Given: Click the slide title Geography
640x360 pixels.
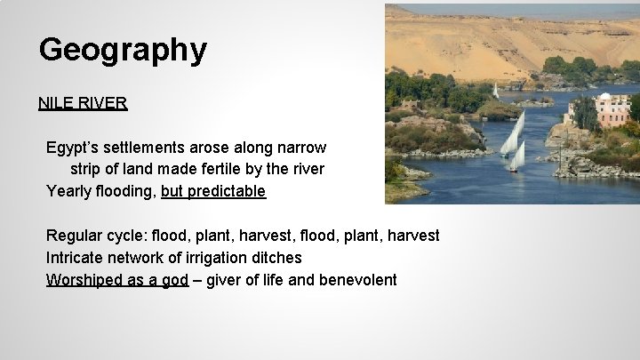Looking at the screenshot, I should pos(123,50).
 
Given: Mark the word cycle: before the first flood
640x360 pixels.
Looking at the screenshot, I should pos(131,236).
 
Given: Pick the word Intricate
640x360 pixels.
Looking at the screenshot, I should pos(75,258).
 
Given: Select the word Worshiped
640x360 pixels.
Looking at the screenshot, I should pos(84,280).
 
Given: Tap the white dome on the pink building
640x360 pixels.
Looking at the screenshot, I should pos(604,97).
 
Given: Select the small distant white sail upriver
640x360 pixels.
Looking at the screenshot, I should pos(495,90).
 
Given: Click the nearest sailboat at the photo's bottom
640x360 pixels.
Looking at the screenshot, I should pos(516,156).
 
